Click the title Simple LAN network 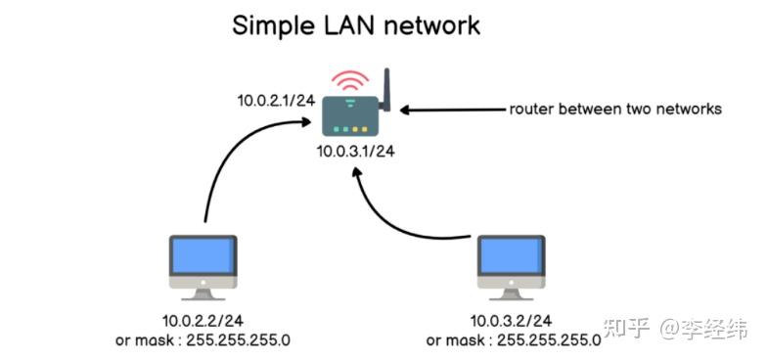(x=356, y=24)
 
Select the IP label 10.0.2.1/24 (x=277, y=100)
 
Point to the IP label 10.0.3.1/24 (x=355, y=152)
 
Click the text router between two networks (x=614, y=110)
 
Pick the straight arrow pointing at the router (x=450, y=110)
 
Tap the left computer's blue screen (x=203, y=256)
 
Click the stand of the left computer (x=203, y=292)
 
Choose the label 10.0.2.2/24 (x=203, y=320)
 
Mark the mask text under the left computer (x=203, y=339)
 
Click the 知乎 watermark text (x=627, y=328)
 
